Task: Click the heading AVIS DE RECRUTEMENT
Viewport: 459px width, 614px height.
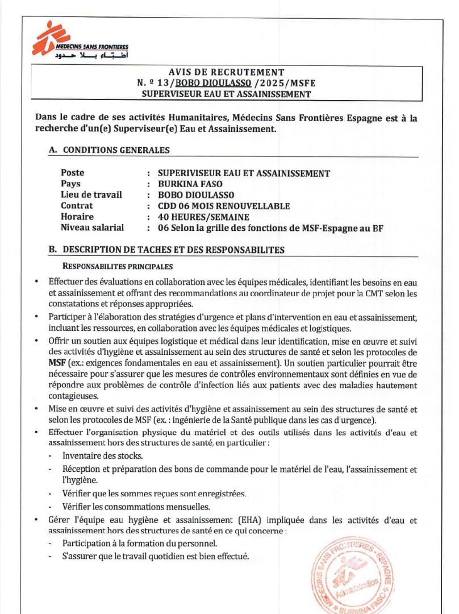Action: [226, 72]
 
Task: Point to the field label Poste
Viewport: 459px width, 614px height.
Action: [72, 173]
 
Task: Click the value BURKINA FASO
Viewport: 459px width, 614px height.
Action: [190, 184]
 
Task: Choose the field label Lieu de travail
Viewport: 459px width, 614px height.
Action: [91, 194]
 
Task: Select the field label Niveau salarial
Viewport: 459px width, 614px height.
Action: [92, 228]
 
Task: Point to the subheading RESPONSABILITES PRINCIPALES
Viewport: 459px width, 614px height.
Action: [118, 266]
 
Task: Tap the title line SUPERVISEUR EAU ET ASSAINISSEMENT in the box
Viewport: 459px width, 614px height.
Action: [226, 94]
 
